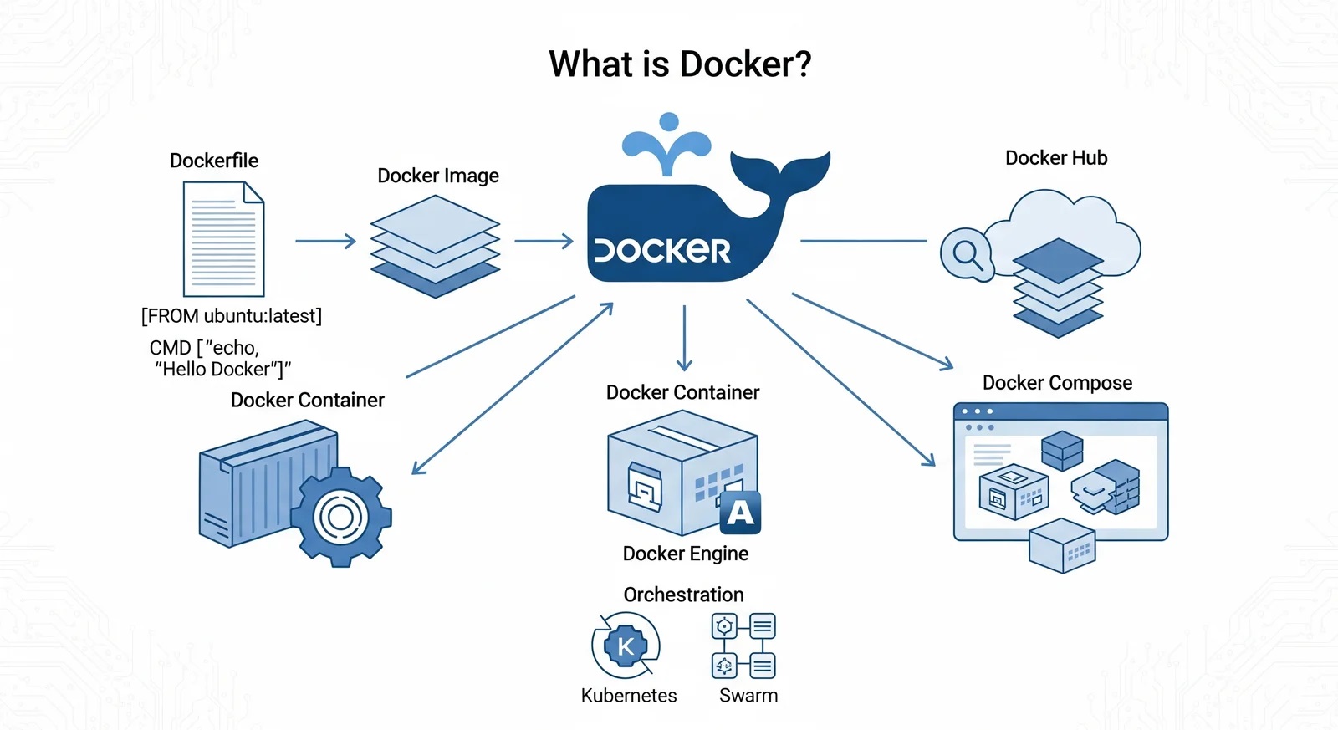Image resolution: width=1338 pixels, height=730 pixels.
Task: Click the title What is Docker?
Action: point(680,64)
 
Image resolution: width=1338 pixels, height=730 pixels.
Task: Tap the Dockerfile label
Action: point(214,161)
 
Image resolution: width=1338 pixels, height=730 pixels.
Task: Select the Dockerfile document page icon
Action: point(223,239)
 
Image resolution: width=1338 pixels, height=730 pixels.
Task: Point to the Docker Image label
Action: point(438,176)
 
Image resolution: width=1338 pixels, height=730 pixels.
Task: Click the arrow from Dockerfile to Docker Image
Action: point(325,242)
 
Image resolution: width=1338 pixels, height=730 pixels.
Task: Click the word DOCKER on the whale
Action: point(662,250)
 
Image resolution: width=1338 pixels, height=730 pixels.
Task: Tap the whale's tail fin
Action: point(781,171)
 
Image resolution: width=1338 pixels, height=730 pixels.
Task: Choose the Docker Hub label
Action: point(1056,158)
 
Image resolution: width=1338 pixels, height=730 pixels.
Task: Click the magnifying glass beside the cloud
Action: point(967,253)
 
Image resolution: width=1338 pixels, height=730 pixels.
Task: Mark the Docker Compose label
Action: point(1057,383)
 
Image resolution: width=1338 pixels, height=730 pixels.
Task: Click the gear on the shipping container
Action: point(341,517)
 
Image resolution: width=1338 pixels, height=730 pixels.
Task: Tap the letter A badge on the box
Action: point(740,512)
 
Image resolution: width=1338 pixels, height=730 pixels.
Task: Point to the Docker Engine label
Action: point(686,554)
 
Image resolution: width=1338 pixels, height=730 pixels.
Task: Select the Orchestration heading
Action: point(683,595)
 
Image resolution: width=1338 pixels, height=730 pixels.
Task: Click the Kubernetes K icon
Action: point(626,646)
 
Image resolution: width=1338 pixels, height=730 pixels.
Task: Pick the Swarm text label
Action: point(748,696)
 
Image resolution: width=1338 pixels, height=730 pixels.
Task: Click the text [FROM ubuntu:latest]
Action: point(232,316)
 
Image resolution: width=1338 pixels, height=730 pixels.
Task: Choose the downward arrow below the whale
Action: point(684,338)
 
